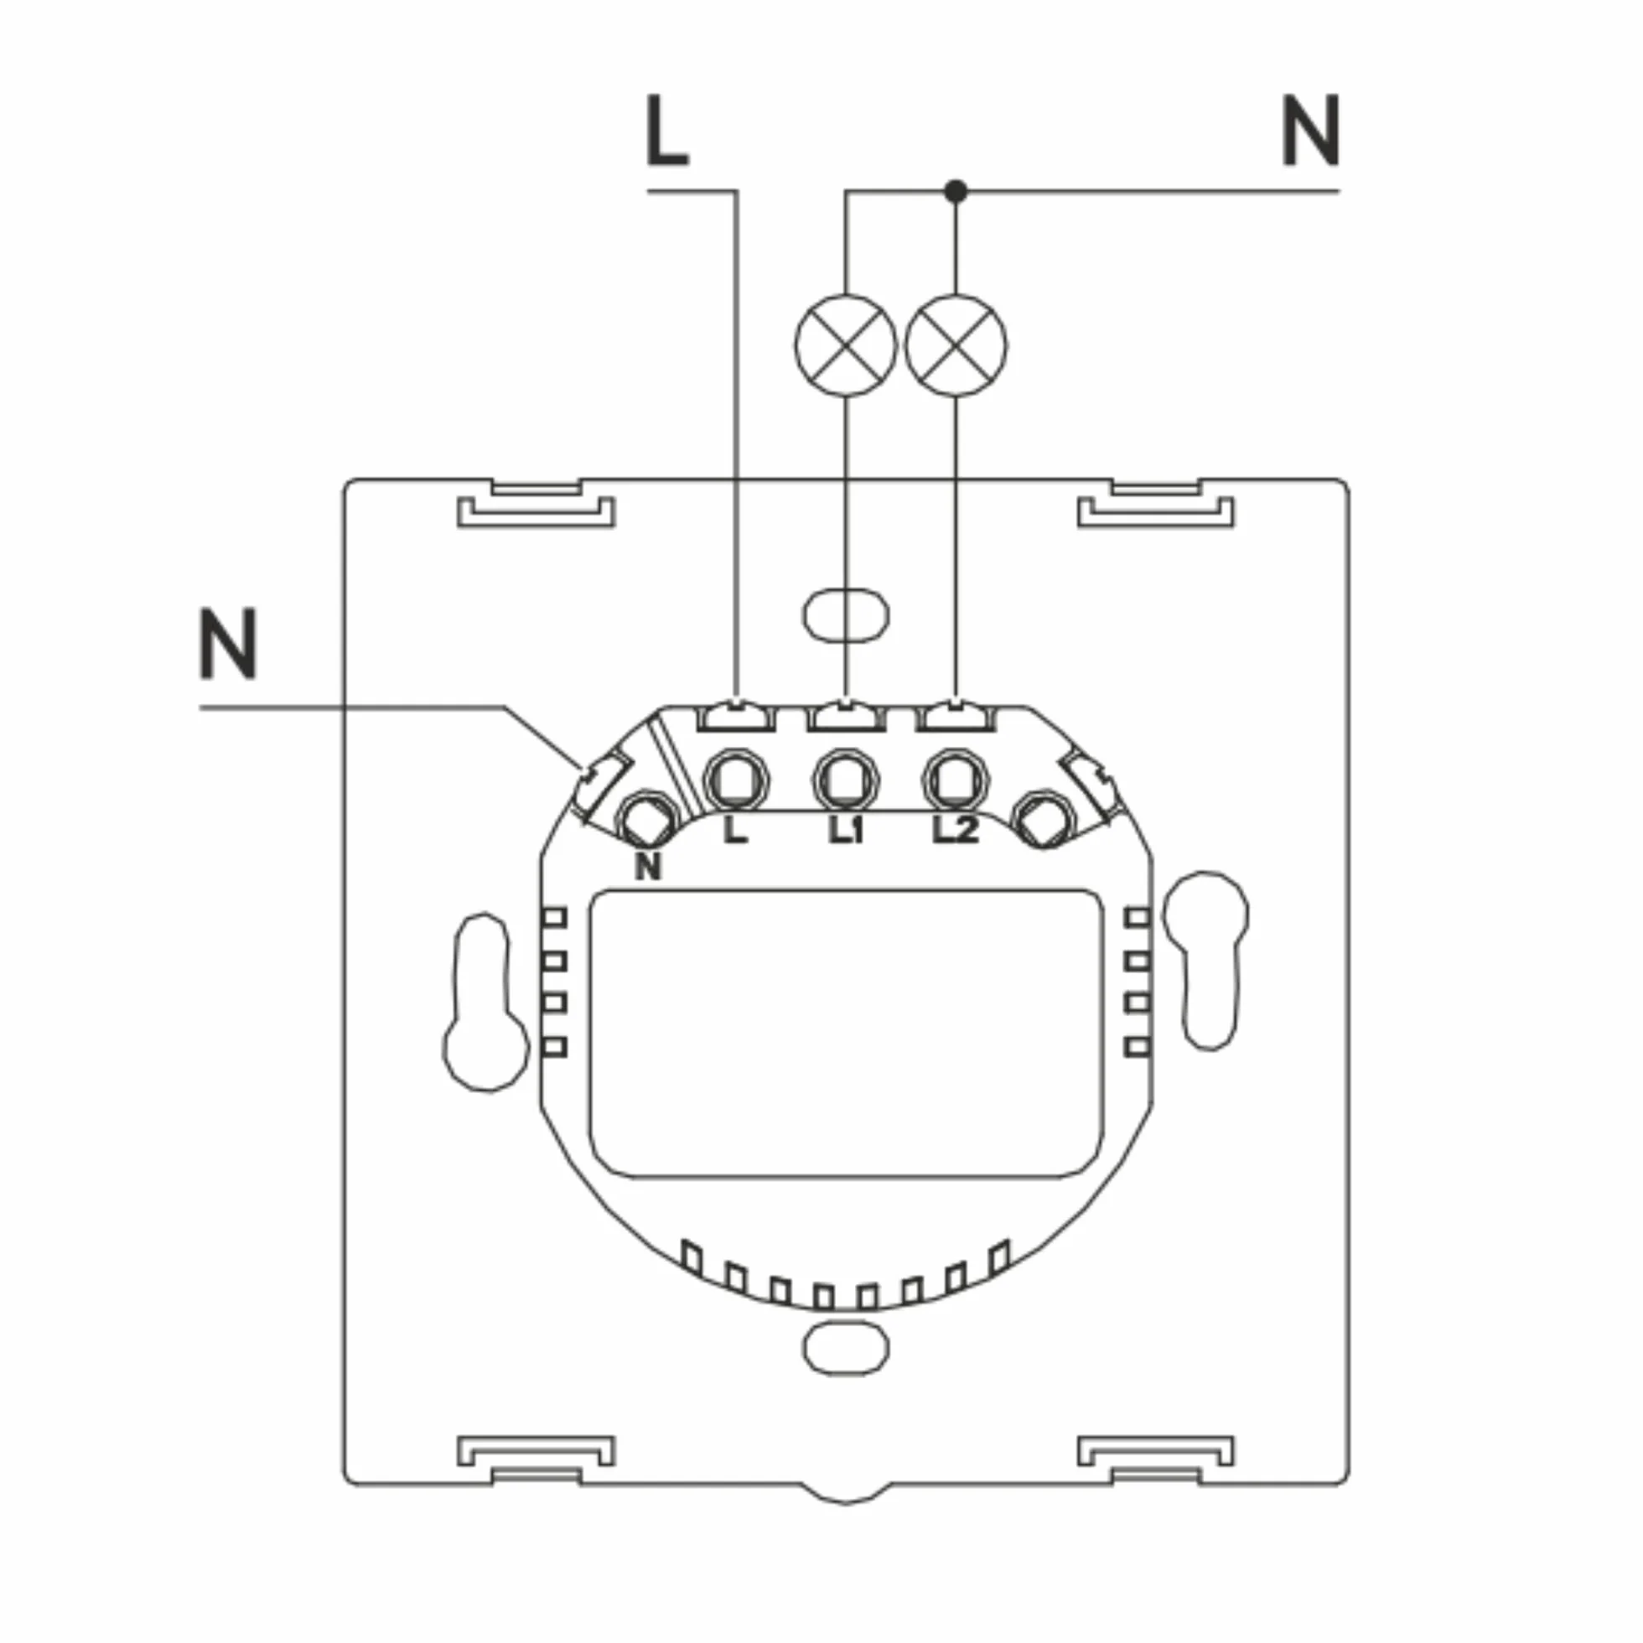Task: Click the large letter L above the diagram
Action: [x=666, y=131]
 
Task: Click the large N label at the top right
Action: [x=1310, y=131]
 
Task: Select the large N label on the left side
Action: [x=228, y=644]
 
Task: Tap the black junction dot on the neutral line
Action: [x=956, y=191]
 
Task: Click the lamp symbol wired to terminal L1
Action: [x=846, y=345]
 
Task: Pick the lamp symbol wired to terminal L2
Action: [x=956, y=345]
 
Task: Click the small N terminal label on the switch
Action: [x=648, y=866]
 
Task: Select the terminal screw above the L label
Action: [x=737, y=780]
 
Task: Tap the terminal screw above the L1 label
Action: [x=846, y=780]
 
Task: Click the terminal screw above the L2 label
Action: [x=956, y=780]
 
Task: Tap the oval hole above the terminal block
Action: [x=846, y=614]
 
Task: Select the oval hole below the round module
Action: [x=846, y=1347]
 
